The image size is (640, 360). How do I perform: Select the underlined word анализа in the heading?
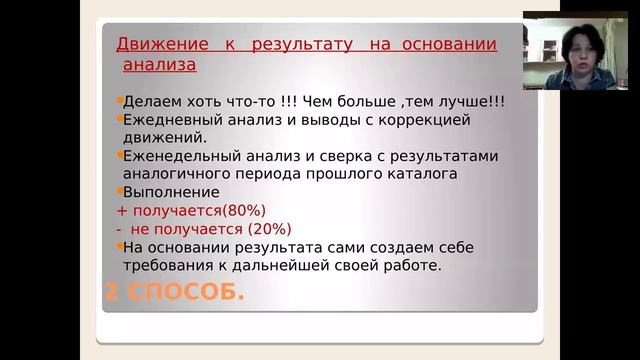click(159, 65)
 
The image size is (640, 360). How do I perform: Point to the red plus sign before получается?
click(122, 210)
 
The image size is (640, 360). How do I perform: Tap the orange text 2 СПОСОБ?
click(175, 292)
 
